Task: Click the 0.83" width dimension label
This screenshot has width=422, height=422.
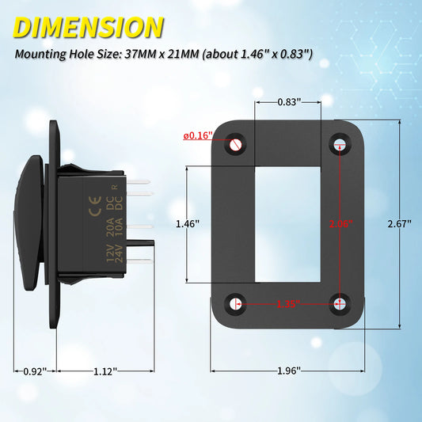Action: coord(288,101)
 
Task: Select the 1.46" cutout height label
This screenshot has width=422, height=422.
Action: coord(187,224)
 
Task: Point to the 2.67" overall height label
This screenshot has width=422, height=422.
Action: coord(401,224)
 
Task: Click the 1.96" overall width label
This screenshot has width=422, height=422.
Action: coord(288,371)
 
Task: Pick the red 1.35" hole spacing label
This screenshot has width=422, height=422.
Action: coord(288,302)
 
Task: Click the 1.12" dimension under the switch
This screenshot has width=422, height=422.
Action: coord(105,371)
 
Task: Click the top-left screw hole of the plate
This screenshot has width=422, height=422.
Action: coord(237,144)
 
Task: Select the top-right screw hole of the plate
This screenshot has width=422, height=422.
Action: coord(340,144)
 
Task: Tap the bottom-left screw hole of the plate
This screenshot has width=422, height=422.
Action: coord(237,302)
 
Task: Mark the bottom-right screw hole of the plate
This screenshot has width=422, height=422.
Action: coord(340,302)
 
